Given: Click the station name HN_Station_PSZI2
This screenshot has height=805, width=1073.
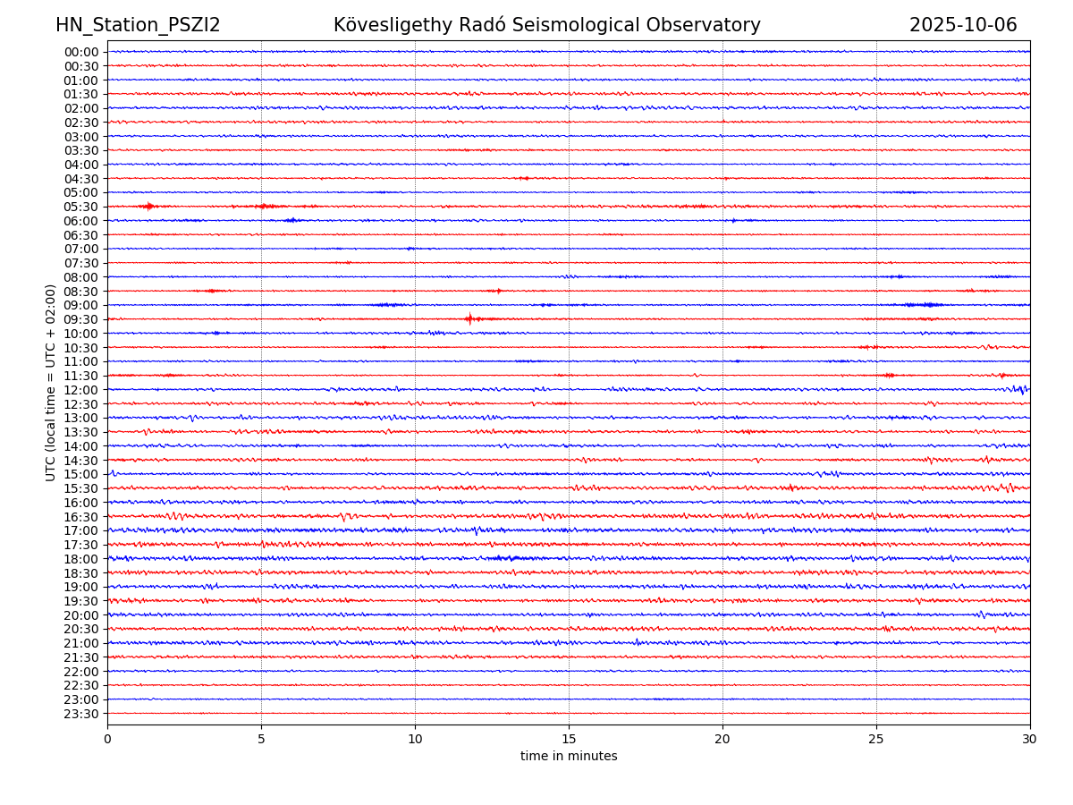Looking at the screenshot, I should (x=138, y=25).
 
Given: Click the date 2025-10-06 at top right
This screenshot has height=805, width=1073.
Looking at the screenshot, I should (x=963, y=25).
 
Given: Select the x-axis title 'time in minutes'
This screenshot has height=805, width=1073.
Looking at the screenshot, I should (x=569, y=757).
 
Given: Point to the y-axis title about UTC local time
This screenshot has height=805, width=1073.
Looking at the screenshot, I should (x=51, y=382).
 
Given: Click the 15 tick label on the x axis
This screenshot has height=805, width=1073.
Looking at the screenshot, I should (x=569, y=739).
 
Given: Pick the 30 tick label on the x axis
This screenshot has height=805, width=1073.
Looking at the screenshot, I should (x=1030, y=739).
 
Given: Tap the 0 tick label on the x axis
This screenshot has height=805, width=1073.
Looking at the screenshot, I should (x=107, y=739).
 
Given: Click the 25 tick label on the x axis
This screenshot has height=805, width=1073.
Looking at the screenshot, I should (x=876, y=739).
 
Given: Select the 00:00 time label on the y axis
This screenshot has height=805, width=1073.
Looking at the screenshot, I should (x=81, y=52).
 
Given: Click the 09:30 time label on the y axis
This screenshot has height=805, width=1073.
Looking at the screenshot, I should (x=81, y=319).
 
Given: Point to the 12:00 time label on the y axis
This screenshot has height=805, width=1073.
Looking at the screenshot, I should (x=81, y=390).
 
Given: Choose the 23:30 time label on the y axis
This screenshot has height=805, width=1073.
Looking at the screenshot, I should (x=81, y=714).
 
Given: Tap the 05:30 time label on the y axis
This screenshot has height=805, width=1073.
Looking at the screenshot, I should (x=81, y=207).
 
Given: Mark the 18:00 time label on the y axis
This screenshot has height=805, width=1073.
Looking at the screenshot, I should (x=81, y=559).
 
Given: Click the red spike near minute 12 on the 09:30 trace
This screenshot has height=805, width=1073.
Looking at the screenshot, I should (x=469, y=318).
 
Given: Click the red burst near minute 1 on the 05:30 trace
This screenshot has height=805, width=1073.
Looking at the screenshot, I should (x=148, y=207).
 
